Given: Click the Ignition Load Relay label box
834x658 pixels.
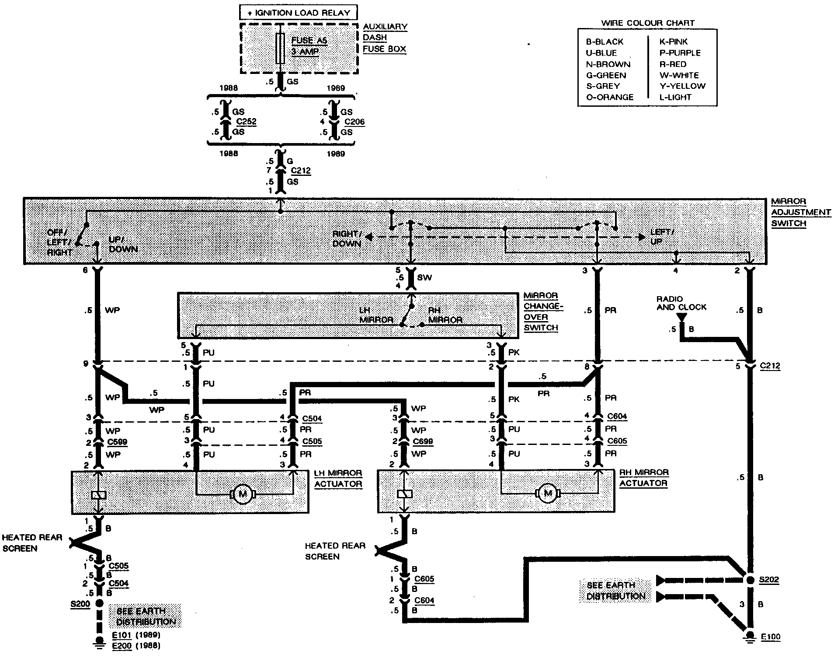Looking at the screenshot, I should [299, 13].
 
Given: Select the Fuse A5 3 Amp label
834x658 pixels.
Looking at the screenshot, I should [309, 46].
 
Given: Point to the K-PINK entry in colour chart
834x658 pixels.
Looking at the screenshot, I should [674, 42].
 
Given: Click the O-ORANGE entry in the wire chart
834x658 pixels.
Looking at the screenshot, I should [609, 97].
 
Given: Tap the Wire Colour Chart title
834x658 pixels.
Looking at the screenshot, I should [648, 23].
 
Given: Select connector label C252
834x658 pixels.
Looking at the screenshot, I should [246, 122].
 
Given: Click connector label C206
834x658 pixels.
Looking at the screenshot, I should [354, 122].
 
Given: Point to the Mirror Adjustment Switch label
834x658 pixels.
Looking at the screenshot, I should [800, 212].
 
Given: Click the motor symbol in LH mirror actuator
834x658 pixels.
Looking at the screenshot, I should [242, 494].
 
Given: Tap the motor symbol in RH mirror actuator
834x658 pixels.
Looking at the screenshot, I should [547, 493].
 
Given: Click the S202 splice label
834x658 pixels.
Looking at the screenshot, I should [769, 580].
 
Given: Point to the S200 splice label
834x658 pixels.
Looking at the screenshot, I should [80, 604].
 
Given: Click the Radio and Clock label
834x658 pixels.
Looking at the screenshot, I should [681, 303].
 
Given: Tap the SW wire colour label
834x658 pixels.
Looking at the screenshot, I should [424, 277].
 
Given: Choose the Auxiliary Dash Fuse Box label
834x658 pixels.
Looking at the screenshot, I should [385, 38].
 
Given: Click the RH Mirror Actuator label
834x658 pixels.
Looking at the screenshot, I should [643, 478].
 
